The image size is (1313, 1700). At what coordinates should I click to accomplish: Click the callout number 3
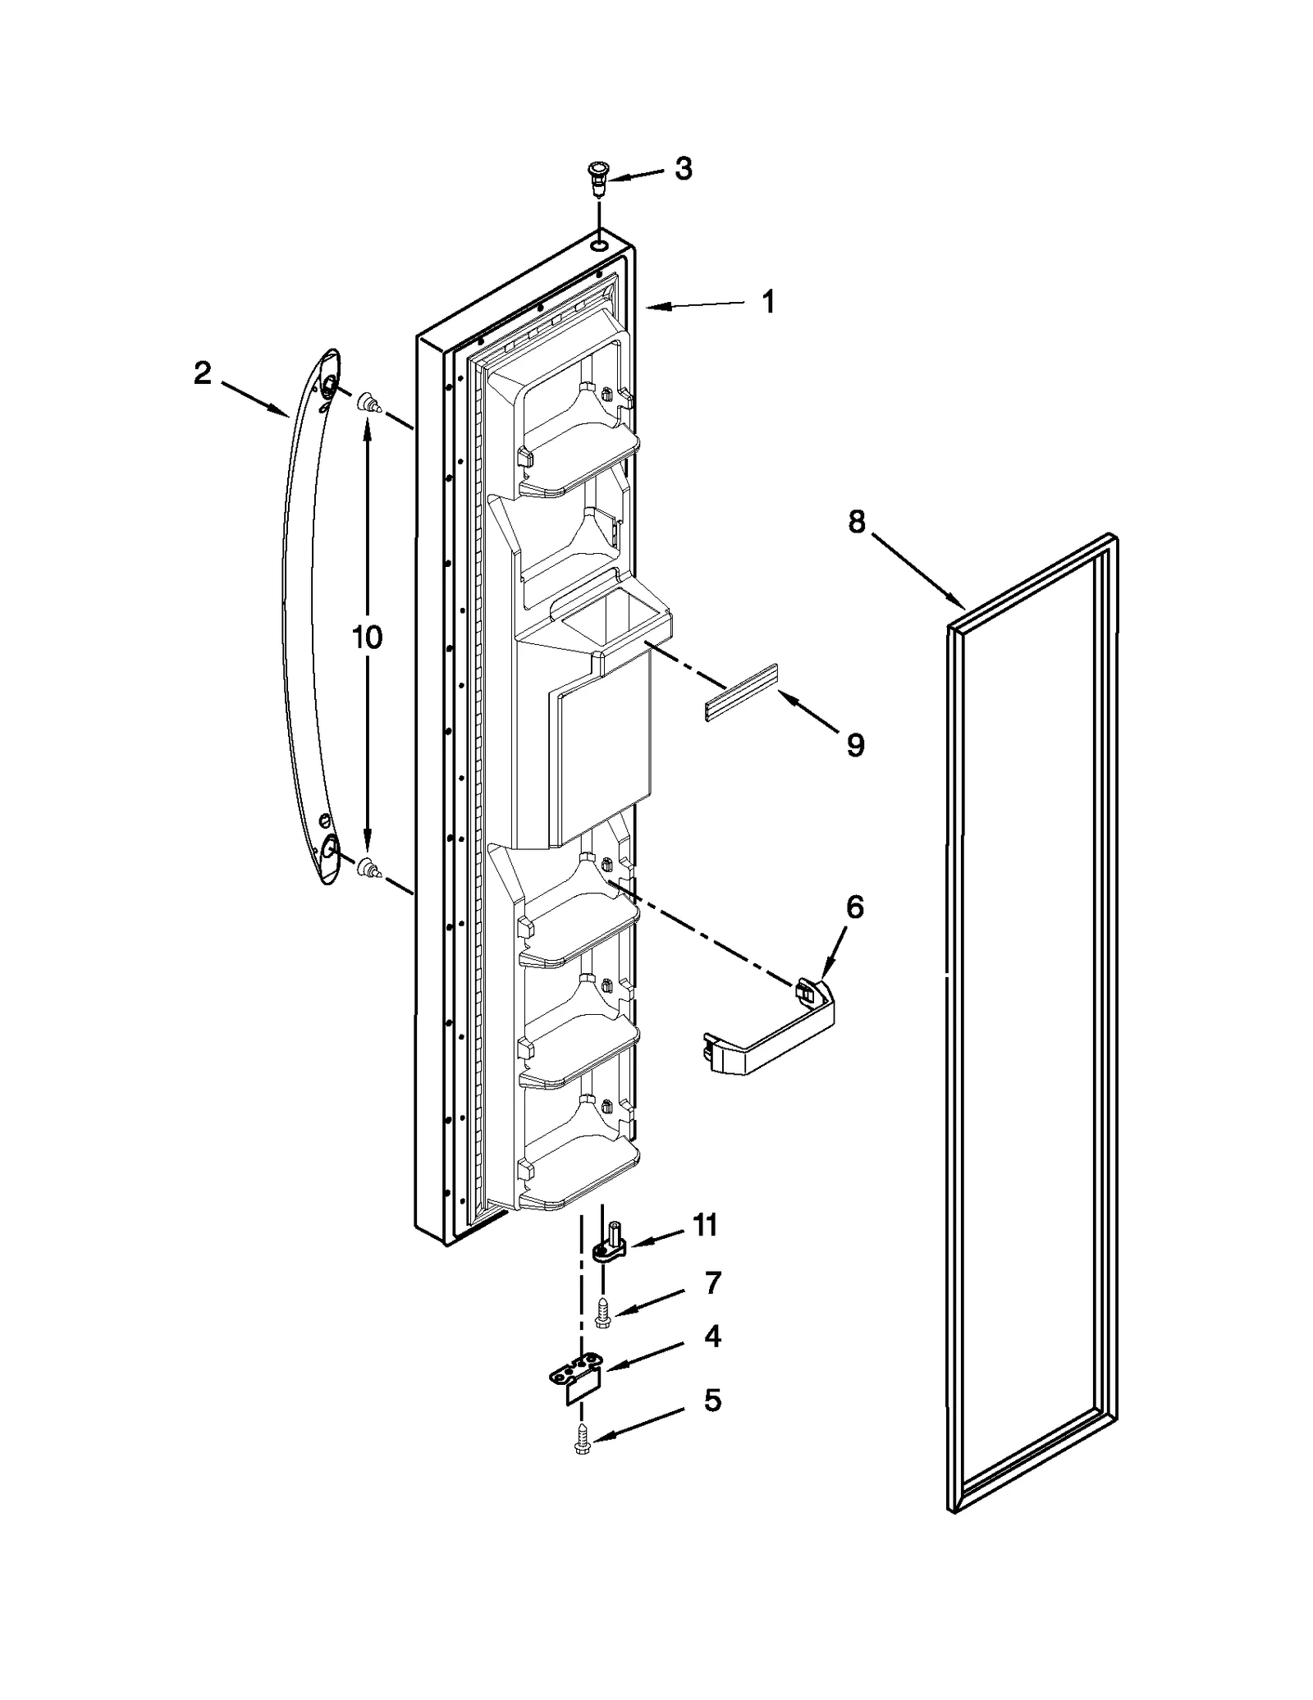[x=683, y=169]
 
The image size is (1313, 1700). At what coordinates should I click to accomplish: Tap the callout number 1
[x=767, y=303]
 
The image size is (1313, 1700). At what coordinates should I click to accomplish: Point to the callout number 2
[x=202, y=374]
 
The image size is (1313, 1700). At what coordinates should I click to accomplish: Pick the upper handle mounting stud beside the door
[x=368, y=402]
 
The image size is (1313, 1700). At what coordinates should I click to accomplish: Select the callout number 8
[x=856, y=522]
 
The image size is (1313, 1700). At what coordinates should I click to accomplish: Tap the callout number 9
[x=854, y=745]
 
